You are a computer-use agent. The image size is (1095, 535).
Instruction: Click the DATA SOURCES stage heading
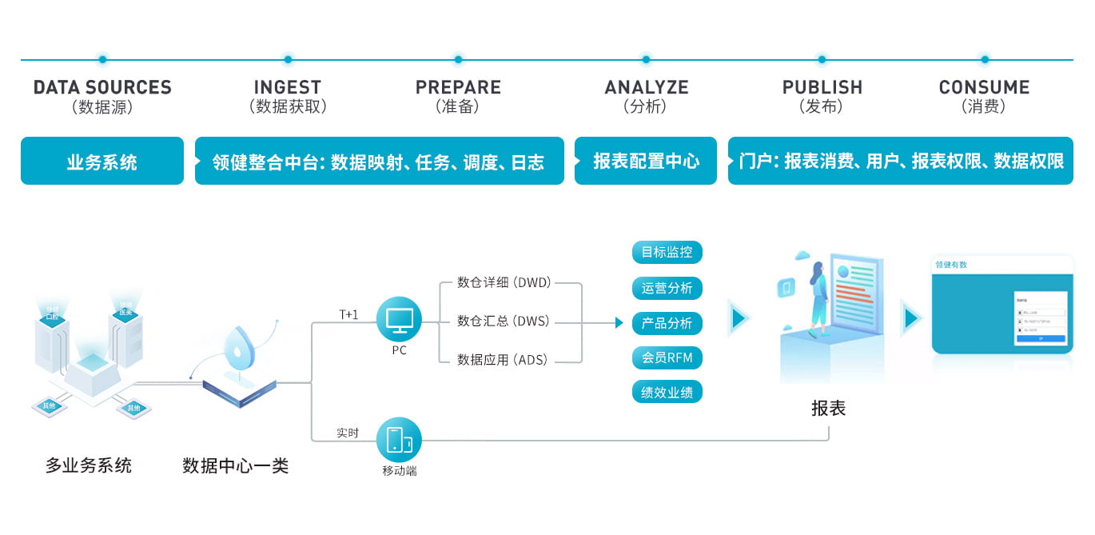[x=102, y=87]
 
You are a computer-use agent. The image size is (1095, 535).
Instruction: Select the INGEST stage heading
[x=288, y=87]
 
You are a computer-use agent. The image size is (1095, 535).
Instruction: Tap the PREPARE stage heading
[x=458, y=87]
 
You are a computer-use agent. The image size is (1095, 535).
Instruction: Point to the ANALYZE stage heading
[x=646, y=87]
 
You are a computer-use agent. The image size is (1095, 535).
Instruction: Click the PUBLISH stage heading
[x=822, y=87]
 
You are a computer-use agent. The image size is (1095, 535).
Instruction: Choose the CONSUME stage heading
[x=984, y=87]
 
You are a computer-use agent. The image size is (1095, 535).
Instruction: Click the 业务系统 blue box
[x=102, y=162]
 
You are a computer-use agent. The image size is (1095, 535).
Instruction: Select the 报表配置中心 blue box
[x=646, y=162]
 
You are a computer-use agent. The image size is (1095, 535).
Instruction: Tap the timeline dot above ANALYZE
[x=646, y=59]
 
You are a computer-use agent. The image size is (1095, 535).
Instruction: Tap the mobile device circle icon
[x=399, y=439]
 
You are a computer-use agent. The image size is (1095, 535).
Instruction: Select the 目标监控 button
[x=667, y=253]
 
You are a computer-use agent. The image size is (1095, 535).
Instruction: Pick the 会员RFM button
[x=667, y=357]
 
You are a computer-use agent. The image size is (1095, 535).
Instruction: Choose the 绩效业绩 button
[x=667, y=392]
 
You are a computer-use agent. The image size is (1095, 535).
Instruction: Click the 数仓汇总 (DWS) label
[x=504, y=321]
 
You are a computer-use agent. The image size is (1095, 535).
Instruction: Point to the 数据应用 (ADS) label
[x=504, y=361]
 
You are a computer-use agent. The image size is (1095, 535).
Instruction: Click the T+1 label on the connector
[x=348, y=314]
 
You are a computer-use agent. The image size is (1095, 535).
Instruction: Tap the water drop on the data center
[x=237, y=346]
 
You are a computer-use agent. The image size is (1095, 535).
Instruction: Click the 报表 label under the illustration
[x=828, y=409]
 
